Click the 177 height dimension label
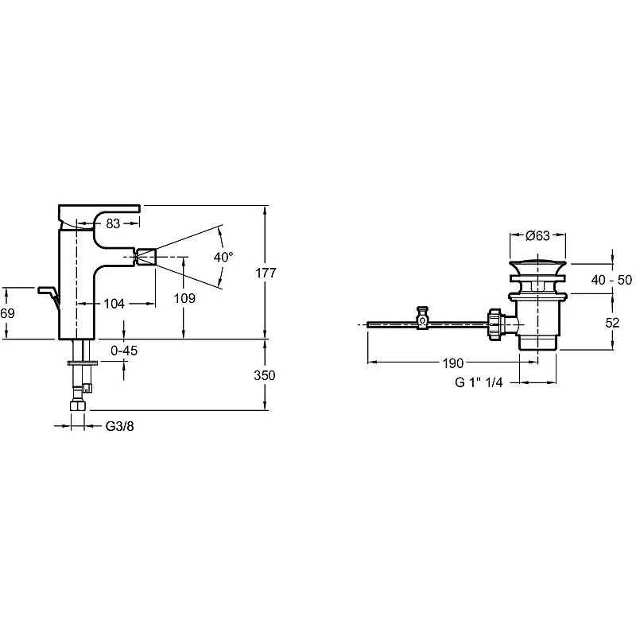pyautogui.click(x=266, y=273)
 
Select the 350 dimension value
pyautogui.click(x=265, y=375)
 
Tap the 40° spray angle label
pyautogui.click(x=223, y=257)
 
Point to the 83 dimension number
pyautogui.click(x=113, y=223)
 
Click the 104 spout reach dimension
pyautogui.click(x=114, y=304)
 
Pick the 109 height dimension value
pyautogui.click(x=184, y=299)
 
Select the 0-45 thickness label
pyautogui.click(x=124, y=351)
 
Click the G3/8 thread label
pyautogui.click(x=120, y=426)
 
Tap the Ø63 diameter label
pyautogui.click(x=537, y=235)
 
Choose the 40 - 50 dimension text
pyautogui.click(x=611, y=280)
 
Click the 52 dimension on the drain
pyautogui.click(x=612, y=323)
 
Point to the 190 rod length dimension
pyautogui.click(x=452, y=363)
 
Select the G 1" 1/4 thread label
pyautogui.click(x=479, y=382)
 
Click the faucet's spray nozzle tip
pyautogui.click(x=145, y=257)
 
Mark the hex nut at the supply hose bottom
pyautogui.click(x=78, y=406)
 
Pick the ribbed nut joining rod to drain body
pyautogui.click(x=495, y=325)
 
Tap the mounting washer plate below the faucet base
pyautogui.click(x=83, y=363)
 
